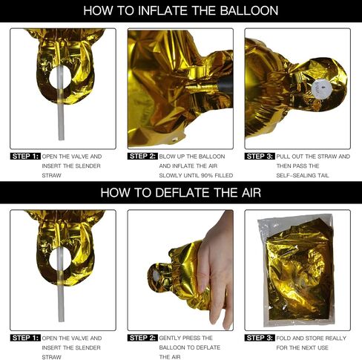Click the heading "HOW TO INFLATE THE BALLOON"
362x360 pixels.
coord(181,10)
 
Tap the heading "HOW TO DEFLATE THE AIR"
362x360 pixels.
coord(181,192)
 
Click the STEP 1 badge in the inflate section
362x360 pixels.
coord(25,157)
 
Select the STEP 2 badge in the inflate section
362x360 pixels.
coord(142,157)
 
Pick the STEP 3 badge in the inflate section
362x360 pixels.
coord(260,157)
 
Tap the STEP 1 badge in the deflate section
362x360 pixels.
coord(25,338)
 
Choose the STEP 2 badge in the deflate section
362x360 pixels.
coord(142,338)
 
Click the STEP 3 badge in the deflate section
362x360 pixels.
coord(260,338)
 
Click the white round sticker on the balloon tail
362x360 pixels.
coord(318,88)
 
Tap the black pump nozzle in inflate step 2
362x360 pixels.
coord(226,85)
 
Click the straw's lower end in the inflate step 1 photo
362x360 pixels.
coord(61,139)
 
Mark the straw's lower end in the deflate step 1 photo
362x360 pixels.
coord(61,321)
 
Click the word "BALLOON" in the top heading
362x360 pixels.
coord(249,10)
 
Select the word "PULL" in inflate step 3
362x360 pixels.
coord(283,157)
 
